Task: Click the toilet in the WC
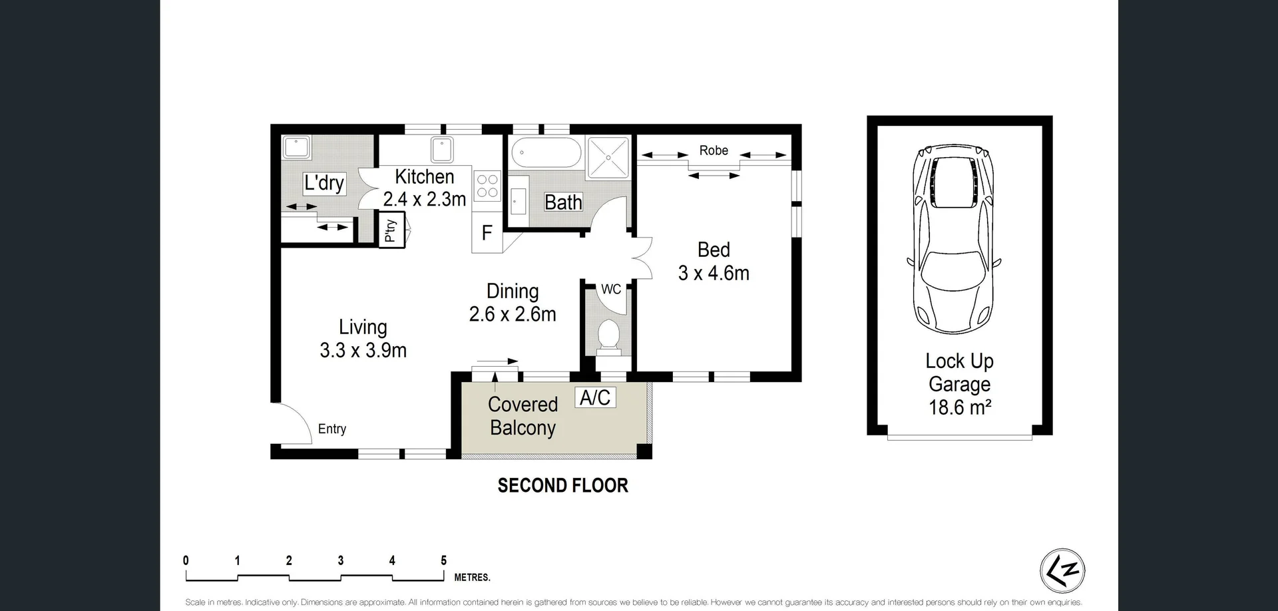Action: [x=609, y=335]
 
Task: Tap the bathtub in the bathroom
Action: [x=546, y=152]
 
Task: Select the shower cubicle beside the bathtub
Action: [x=608, y=158]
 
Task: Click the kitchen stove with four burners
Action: [x=487, y=186]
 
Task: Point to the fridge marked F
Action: [x=487, y=233]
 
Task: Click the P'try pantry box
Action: [x=391, y=230]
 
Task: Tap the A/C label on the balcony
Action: [x=595, y=397]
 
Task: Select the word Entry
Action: [x=331, y=429]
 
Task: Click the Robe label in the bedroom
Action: [x=714, y=150]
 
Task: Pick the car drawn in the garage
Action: [x=954, y=240]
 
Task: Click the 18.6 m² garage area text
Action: [x=960, y=407]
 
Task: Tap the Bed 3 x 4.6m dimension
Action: [x=714, y=273]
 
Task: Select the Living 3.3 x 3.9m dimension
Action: [x=363, y=350]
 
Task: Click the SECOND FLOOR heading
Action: [x=562, y=485]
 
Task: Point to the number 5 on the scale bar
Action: [x=443, y=560]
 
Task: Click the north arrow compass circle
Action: [x=1062, y=570]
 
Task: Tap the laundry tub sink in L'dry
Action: [x=296, y=147]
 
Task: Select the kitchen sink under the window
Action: [x=442, y=150]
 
